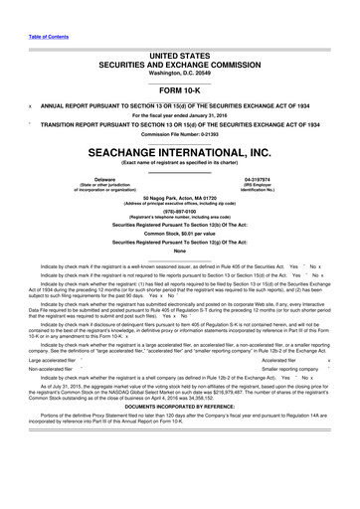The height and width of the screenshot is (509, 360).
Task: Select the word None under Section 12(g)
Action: [179, 263]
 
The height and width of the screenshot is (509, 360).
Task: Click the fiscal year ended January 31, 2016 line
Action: [179, 115]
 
